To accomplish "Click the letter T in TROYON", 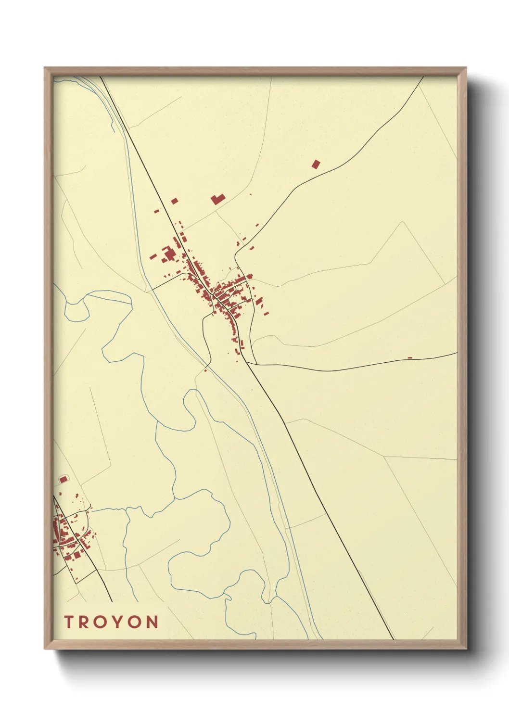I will click(68, 622).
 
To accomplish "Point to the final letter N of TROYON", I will click(152, 622).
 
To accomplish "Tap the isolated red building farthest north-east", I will click(316, 165).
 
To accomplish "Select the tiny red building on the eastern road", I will click(410, 357).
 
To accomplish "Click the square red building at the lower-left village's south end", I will click(76, 555).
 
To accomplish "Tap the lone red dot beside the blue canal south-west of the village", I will click(205, 370).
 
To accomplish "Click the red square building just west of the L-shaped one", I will click(175, 201).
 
